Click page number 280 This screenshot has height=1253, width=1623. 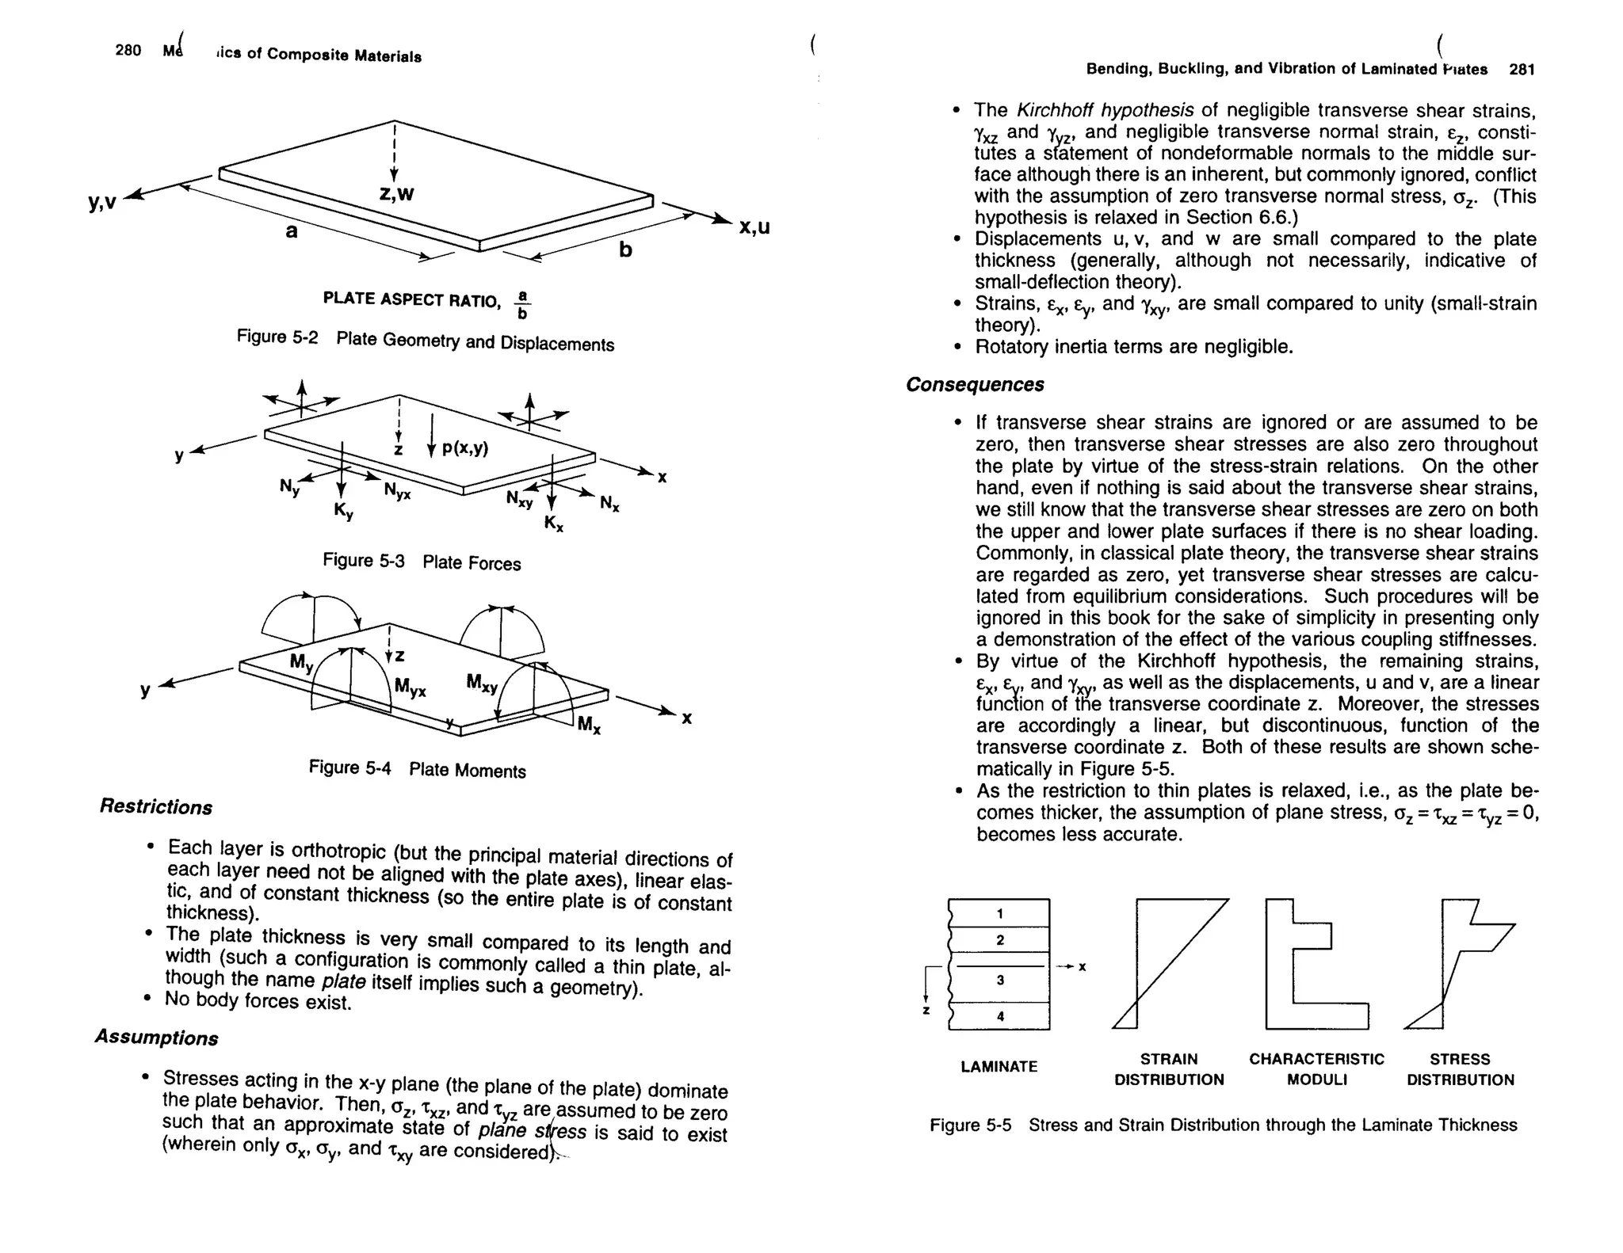pos(128,51)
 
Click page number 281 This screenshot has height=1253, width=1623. pos(1522,70)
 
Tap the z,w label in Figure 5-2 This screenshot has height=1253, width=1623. pos(396,193)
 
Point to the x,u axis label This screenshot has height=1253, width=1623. pos(754,227)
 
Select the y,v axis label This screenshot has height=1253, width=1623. pos(103,203)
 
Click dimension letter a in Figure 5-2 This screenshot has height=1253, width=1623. pos(292,231)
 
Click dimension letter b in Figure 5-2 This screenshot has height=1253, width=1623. pos(625,250)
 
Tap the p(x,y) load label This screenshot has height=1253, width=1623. pos(464,448)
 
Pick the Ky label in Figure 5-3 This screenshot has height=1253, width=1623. pos(343,512)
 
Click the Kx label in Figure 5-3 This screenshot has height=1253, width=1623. pos(553,524)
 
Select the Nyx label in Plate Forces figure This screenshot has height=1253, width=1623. pos(397,493)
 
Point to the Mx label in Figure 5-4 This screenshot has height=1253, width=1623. pos(589,724)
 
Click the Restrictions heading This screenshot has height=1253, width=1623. pos(156,807)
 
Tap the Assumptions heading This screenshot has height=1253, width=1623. pos(156,1037)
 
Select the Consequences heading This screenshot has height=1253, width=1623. pos(975,385)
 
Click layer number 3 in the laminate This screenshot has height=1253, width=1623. pos(1000,980)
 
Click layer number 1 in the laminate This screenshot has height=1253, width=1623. pos(1000,913)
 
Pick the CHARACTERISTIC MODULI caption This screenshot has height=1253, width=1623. pos(1316,1069)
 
